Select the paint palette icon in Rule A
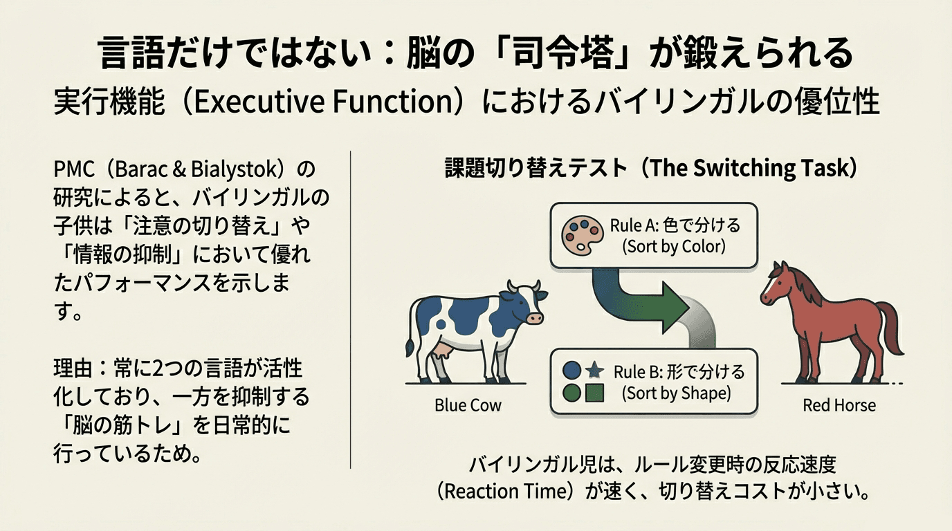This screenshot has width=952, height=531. [x=582, y=235]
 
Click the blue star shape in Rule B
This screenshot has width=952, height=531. [x=594, y=371]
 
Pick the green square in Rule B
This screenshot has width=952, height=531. [x=594, y=393]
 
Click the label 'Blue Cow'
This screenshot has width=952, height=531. [x=468, y=405]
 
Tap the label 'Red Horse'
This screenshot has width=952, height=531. [x=839, y=405]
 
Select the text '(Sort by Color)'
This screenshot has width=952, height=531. [x=674, y=246]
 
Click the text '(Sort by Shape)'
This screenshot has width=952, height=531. [x=676, y=393]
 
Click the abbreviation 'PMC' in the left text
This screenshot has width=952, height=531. [x=74, y=169]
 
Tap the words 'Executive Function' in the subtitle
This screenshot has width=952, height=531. [x=323, y=102]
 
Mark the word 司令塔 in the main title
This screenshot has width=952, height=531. [x=563, y=53]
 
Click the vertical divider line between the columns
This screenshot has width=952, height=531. [x=351, y=310]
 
